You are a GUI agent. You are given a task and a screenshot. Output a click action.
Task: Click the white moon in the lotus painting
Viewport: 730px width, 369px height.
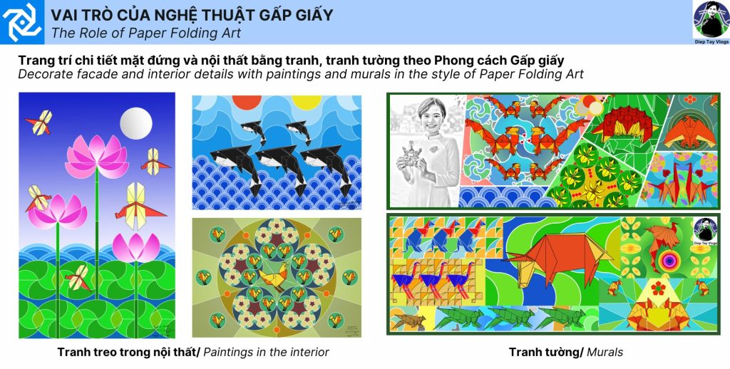[136, 123]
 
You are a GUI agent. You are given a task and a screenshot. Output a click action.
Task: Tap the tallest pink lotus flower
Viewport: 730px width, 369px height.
[97, 156]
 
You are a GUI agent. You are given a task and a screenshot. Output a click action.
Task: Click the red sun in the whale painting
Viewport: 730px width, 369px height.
[246, 102]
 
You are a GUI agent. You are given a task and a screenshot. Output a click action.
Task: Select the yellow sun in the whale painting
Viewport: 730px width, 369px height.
[307, 102]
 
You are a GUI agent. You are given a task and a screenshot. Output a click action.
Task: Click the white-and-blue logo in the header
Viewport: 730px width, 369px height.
[22, 22]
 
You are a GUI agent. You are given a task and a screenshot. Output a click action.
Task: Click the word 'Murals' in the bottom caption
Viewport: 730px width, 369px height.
[605, 352]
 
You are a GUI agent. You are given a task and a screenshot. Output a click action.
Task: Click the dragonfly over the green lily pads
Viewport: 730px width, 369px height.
[78, 278]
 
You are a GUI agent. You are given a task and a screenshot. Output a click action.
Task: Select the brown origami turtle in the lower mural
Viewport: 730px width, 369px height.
[408, 321]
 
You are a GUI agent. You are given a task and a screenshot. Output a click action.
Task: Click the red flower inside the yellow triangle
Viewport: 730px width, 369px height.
[657, 288]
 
